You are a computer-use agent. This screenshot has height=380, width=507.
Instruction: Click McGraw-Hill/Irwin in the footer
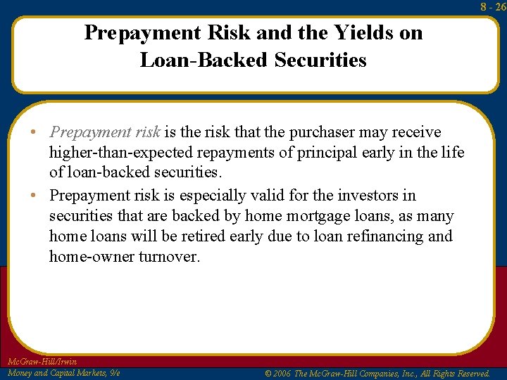tap(42, 362)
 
